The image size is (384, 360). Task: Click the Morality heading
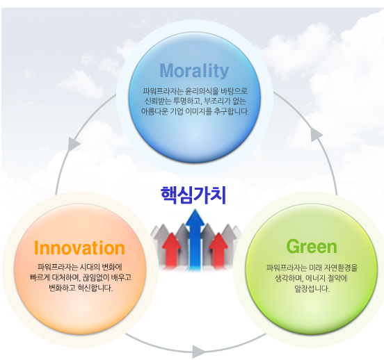point(194,71)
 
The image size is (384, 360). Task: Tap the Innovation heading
point(79,248)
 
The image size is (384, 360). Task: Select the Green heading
point(312,247)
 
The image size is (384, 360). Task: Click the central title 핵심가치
point(193,195)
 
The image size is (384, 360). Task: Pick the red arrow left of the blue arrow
point(171,249)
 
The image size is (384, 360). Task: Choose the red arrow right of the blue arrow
point(218,249)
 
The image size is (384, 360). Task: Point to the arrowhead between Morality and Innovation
point(73,143)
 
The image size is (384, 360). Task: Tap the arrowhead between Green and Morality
point(317,135)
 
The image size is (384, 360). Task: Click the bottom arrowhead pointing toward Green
point(198,352)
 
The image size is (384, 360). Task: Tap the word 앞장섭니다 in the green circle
point(312,289)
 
